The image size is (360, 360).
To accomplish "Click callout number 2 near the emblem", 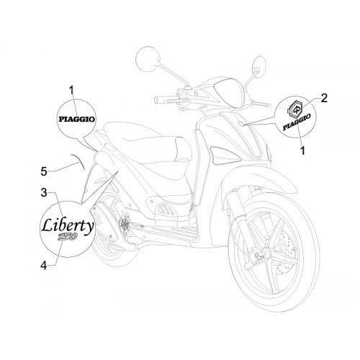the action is [x=324, y=98].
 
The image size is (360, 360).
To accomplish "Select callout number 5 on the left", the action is [x=44, y=172].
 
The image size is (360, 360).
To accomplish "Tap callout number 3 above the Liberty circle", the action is [x=44, y=193].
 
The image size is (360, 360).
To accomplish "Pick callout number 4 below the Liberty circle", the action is [x=44, y=266].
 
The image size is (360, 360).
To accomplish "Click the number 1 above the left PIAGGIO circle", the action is [x=71, y=91].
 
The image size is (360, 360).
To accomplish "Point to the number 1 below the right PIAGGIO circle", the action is [x=302, y=151].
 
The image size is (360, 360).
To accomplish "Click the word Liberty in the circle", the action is [x=67, y=225].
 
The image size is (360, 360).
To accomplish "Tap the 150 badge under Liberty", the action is [x=67, y=237].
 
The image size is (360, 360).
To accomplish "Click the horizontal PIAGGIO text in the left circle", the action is [x=76, y=119].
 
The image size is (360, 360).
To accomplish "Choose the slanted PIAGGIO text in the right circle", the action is [x=297, y=122].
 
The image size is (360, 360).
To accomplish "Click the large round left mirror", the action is [x=148, y=58].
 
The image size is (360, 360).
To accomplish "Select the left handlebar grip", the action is [x=164, y=99].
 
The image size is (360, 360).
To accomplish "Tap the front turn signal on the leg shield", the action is [x=225, y=156].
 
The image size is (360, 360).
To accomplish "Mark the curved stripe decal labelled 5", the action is [x=78, y=161].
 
